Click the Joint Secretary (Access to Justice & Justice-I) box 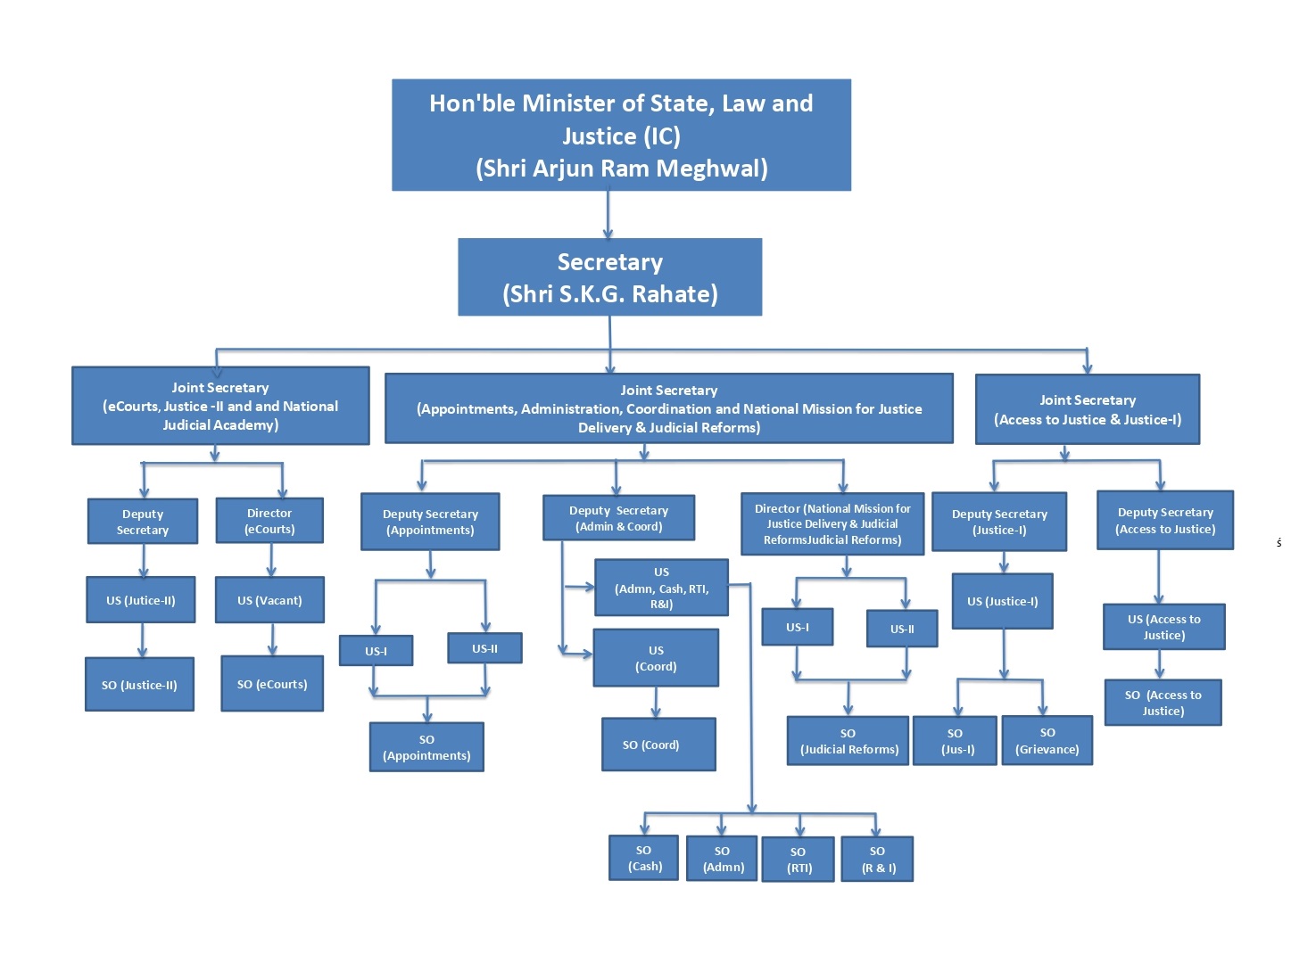click(x=1087, y=409)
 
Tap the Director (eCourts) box click(x=269, y=521)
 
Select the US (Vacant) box click(x=269, y=600)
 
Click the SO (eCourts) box click(x=272, y=684)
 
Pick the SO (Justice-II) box click(x=139, y=685)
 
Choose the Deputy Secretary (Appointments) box click(x=430, y=522)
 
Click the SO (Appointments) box click(x=426, y=747)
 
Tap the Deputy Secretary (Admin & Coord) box click(x=618, y=518)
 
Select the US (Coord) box click(x=656, y=658)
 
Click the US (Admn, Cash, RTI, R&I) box click(x=661, y=588)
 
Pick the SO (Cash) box click(x=644, y=858)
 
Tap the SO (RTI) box click(x=799, y=860)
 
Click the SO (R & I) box click(x=878, y=860)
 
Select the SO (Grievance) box click(x=1047, y=741)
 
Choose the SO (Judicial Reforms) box click(x=848, y=741)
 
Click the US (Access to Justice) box click(x=1163, y=627)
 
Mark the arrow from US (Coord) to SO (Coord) click(x=656, y=703)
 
